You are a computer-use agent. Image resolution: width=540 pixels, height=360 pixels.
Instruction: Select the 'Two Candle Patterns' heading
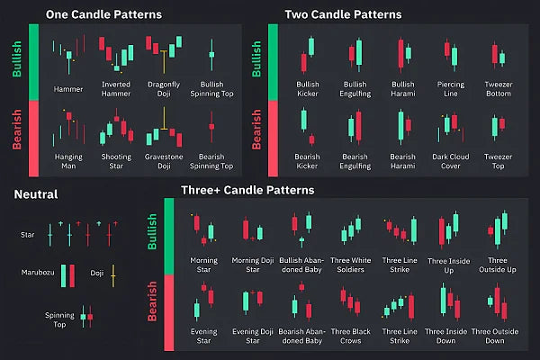tap(343, 14)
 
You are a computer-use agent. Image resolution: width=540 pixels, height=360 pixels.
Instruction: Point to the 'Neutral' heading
tap(36, 193)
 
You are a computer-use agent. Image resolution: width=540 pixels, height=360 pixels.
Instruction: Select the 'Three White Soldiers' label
tap(351, 265)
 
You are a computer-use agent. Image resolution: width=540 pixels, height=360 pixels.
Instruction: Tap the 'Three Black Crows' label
tap(351, 336)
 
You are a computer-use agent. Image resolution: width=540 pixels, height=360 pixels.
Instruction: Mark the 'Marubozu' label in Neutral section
tap(39, 274)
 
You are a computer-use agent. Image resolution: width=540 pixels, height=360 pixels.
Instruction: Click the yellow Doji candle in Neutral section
tap(113, 276)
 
